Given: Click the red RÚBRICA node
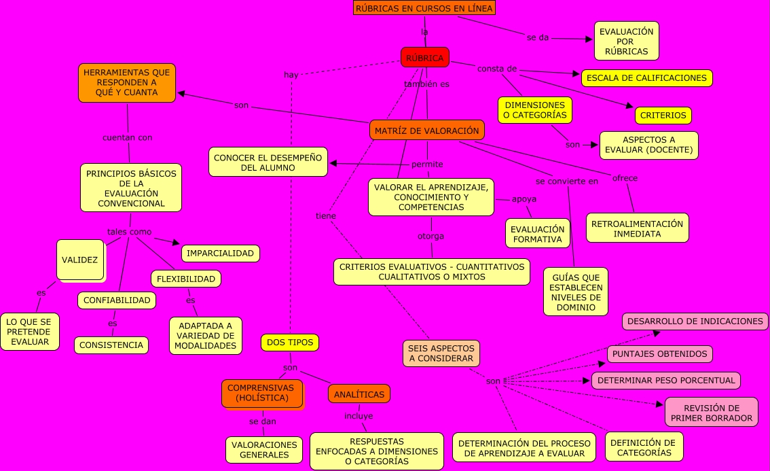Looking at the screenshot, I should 424,58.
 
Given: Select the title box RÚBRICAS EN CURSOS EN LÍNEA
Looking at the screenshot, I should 424,8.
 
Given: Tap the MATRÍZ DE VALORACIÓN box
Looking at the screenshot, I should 426,130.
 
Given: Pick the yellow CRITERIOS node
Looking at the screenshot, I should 663,116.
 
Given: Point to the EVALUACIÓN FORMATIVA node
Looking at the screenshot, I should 537,233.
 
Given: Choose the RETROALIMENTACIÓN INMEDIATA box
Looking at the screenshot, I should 637,228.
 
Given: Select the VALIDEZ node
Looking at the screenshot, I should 80,260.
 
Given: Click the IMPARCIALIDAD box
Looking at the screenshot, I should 220,254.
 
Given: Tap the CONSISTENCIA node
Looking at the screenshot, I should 111,345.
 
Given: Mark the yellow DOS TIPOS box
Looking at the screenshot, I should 290,343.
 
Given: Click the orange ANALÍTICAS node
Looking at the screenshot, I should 359,394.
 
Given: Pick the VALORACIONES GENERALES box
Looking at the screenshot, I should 264,450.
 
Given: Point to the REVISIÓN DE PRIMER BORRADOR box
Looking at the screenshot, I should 711,413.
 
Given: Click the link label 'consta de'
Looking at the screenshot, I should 497,69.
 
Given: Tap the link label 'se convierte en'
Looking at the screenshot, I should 566,181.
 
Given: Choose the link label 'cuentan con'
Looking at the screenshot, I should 127,137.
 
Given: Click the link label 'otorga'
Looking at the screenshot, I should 430,237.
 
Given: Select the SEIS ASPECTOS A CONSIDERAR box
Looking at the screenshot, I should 441,353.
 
